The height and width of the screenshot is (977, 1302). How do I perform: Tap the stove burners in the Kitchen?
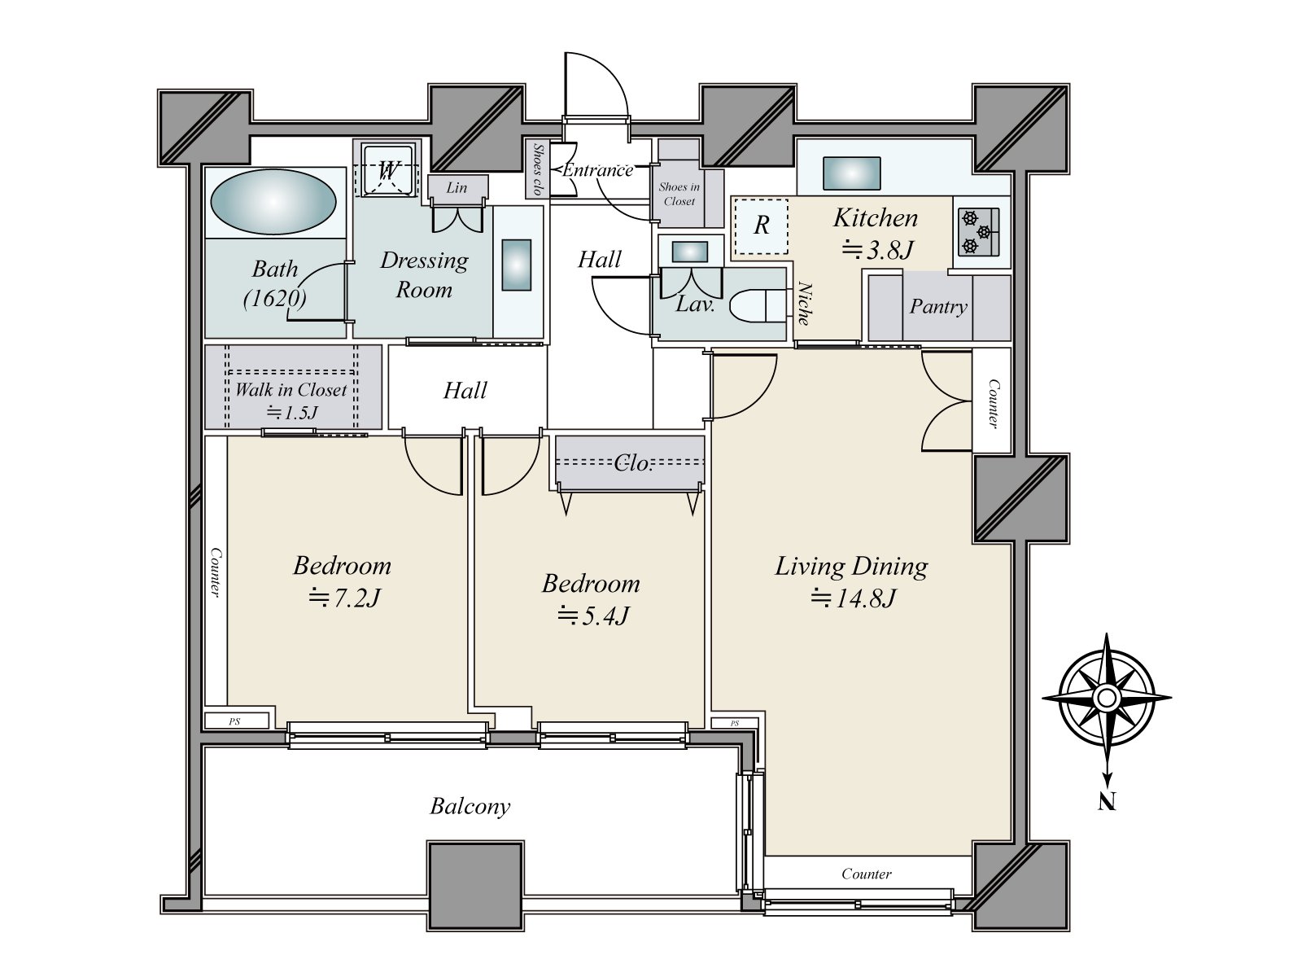point(978,232)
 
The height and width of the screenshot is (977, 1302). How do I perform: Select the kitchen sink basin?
point(850,173)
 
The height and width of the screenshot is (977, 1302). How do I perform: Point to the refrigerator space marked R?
point(761,226)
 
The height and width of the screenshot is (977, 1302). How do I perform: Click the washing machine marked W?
point(388,170)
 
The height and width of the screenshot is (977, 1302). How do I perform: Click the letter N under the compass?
point(1107,802)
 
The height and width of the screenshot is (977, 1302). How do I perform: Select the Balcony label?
point(470,807)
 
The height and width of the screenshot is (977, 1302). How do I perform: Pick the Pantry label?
point(938,307)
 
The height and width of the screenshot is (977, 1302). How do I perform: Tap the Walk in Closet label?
point(291,390)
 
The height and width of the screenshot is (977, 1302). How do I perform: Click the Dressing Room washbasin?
point(517,265)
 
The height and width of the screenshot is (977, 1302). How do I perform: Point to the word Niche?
point(804,303)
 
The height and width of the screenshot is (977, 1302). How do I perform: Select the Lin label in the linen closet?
point(457,187)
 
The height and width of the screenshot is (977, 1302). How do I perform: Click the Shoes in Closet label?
point(679,194)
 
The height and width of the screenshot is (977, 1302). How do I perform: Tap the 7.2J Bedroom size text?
point(344,598)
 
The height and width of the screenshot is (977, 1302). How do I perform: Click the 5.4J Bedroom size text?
point(592,616)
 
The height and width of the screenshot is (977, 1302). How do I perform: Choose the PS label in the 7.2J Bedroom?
point(235,722)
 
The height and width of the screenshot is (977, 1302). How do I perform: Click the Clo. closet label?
point(633,463)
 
